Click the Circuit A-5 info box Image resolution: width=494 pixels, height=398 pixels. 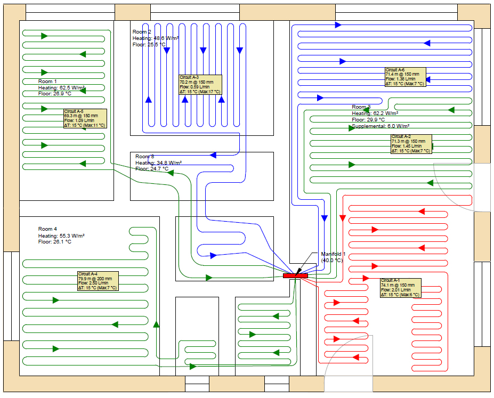[x=85, y=118]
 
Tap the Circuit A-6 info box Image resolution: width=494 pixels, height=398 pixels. [x=405, y=77]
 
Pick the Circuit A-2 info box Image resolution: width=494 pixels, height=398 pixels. [x=411, y=144]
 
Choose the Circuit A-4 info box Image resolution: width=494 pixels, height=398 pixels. [x=98, y=281]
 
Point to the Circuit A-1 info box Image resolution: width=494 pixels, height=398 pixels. [x=400, y=288]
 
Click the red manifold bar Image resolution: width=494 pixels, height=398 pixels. [x=295, y=275]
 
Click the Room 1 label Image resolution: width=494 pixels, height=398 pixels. [x=47, y=82]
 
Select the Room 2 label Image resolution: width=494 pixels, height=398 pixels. [x=142, y=32]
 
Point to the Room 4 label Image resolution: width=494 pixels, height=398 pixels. [x=47, y=229]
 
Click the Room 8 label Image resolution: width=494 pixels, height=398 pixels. [x=144, y=157]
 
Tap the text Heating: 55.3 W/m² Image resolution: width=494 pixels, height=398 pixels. [x=61, y=235]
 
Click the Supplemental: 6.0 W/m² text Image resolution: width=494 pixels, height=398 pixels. [x=380, y=126]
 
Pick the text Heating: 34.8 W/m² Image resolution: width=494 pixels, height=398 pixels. [x=158, y=163]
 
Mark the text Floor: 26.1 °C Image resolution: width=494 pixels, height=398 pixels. [x=55, y=242]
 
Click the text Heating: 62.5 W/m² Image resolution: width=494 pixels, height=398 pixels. [x=61, y=88]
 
